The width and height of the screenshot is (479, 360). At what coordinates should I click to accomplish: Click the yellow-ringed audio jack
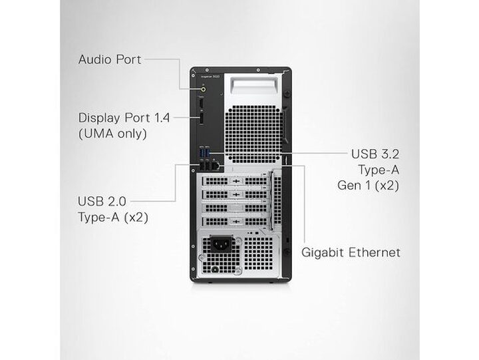[204, 89]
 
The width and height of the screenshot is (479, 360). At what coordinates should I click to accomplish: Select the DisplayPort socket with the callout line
[202, 118]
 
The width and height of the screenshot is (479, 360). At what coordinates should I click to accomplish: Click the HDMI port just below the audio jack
[202, 103]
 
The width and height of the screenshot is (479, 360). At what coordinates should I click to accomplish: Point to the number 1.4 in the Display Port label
[161, 118]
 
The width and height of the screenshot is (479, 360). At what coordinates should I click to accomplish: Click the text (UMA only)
[112, 134]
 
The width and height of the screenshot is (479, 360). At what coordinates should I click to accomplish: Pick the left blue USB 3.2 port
[202, 152]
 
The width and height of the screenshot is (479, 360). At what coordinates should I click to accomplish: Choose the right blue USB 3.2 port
[207, 152]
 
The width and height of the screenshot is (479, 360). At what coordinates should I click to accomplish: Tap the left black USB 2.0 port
[202, 166]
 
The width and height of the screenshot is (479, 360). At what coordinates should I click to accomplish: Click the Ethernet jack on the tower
[216, 166]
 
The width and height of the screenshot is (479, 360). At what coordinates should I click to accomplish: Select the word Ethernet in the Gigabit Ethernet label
[374, 252]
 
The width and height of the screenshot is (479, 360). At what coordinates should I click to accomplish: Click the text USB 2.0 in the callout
[102, 202]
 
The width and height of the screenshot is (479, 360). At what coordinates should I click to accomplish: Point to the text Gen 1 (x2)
[368, 185]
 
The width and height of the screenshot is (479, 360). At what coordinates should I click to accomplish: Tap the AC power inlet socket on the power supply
[220, 244]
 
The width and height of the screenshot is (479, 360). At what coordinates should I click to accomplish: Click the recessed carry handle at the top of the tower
[254, 85]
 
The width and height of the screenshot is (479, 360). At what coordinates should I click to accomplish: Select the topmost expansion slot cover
[236, 181]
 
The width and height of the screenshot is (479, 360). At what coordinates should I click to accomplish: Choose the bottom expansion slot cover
[236, 221]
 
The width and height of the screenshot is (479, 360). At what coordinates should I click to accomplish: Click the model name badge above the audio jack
[210, 77]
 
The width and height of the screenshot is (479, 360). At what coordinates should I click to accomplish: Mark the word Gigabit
[323, 253]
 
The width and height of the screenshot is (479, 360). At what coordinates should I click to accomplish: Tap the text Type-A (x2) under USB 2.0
[113, 218]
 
